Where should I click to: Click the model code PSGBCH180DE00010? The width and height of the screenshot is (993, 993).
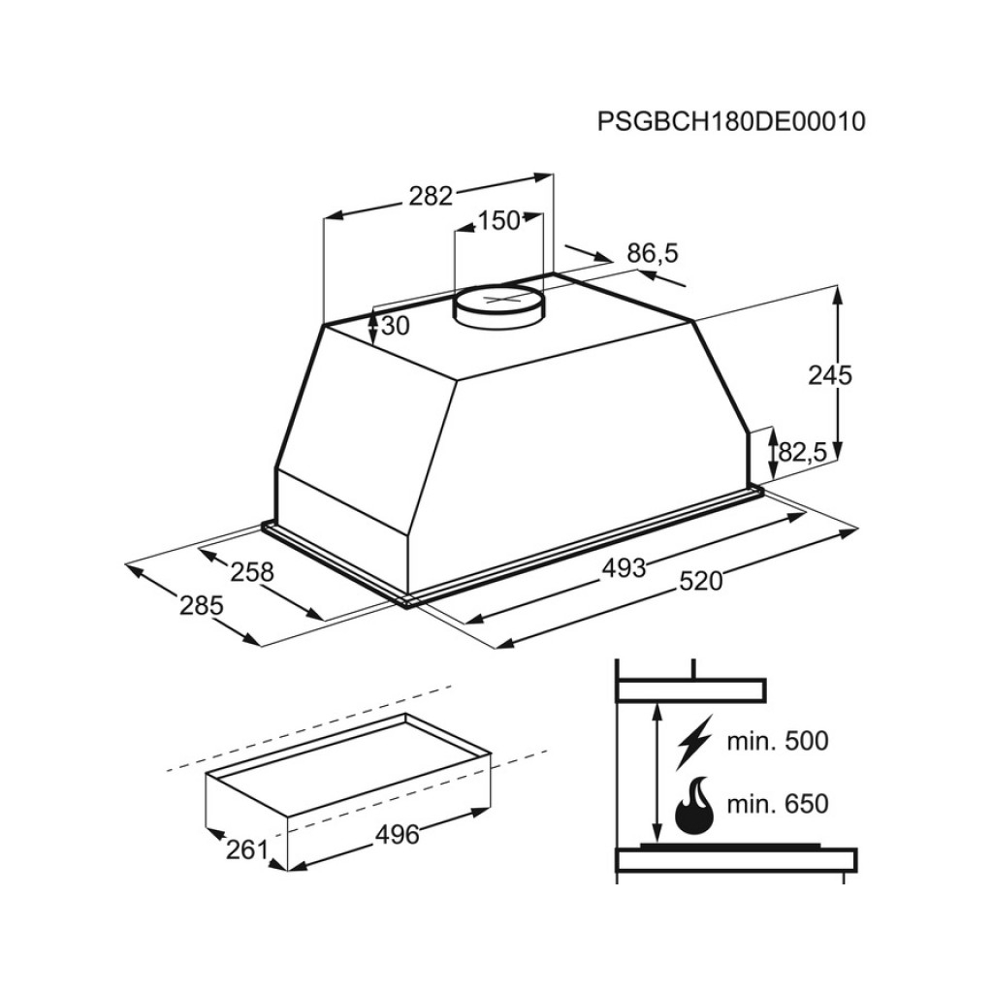(731, 121)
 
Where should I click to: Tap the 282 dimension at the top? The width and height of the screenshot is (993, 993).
(431, 196)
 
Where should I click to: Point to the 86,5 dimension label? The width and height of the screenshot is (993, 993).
(653, 253)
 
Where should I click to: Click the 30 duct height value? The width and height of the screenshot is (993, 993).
(396, 326)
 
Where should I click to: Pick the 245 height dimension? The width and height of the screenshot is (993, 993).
(830, 375)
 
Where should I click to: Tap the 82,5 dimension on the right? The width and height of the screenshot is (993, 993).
(802, 452)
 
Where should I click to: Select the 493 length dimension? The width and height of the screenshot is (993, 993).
(624, 568)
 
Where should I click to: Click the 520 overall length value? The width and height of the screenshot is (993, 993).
(700, 581)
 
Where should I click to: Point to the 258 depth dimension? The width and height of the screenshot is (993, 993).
(252, 572)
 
